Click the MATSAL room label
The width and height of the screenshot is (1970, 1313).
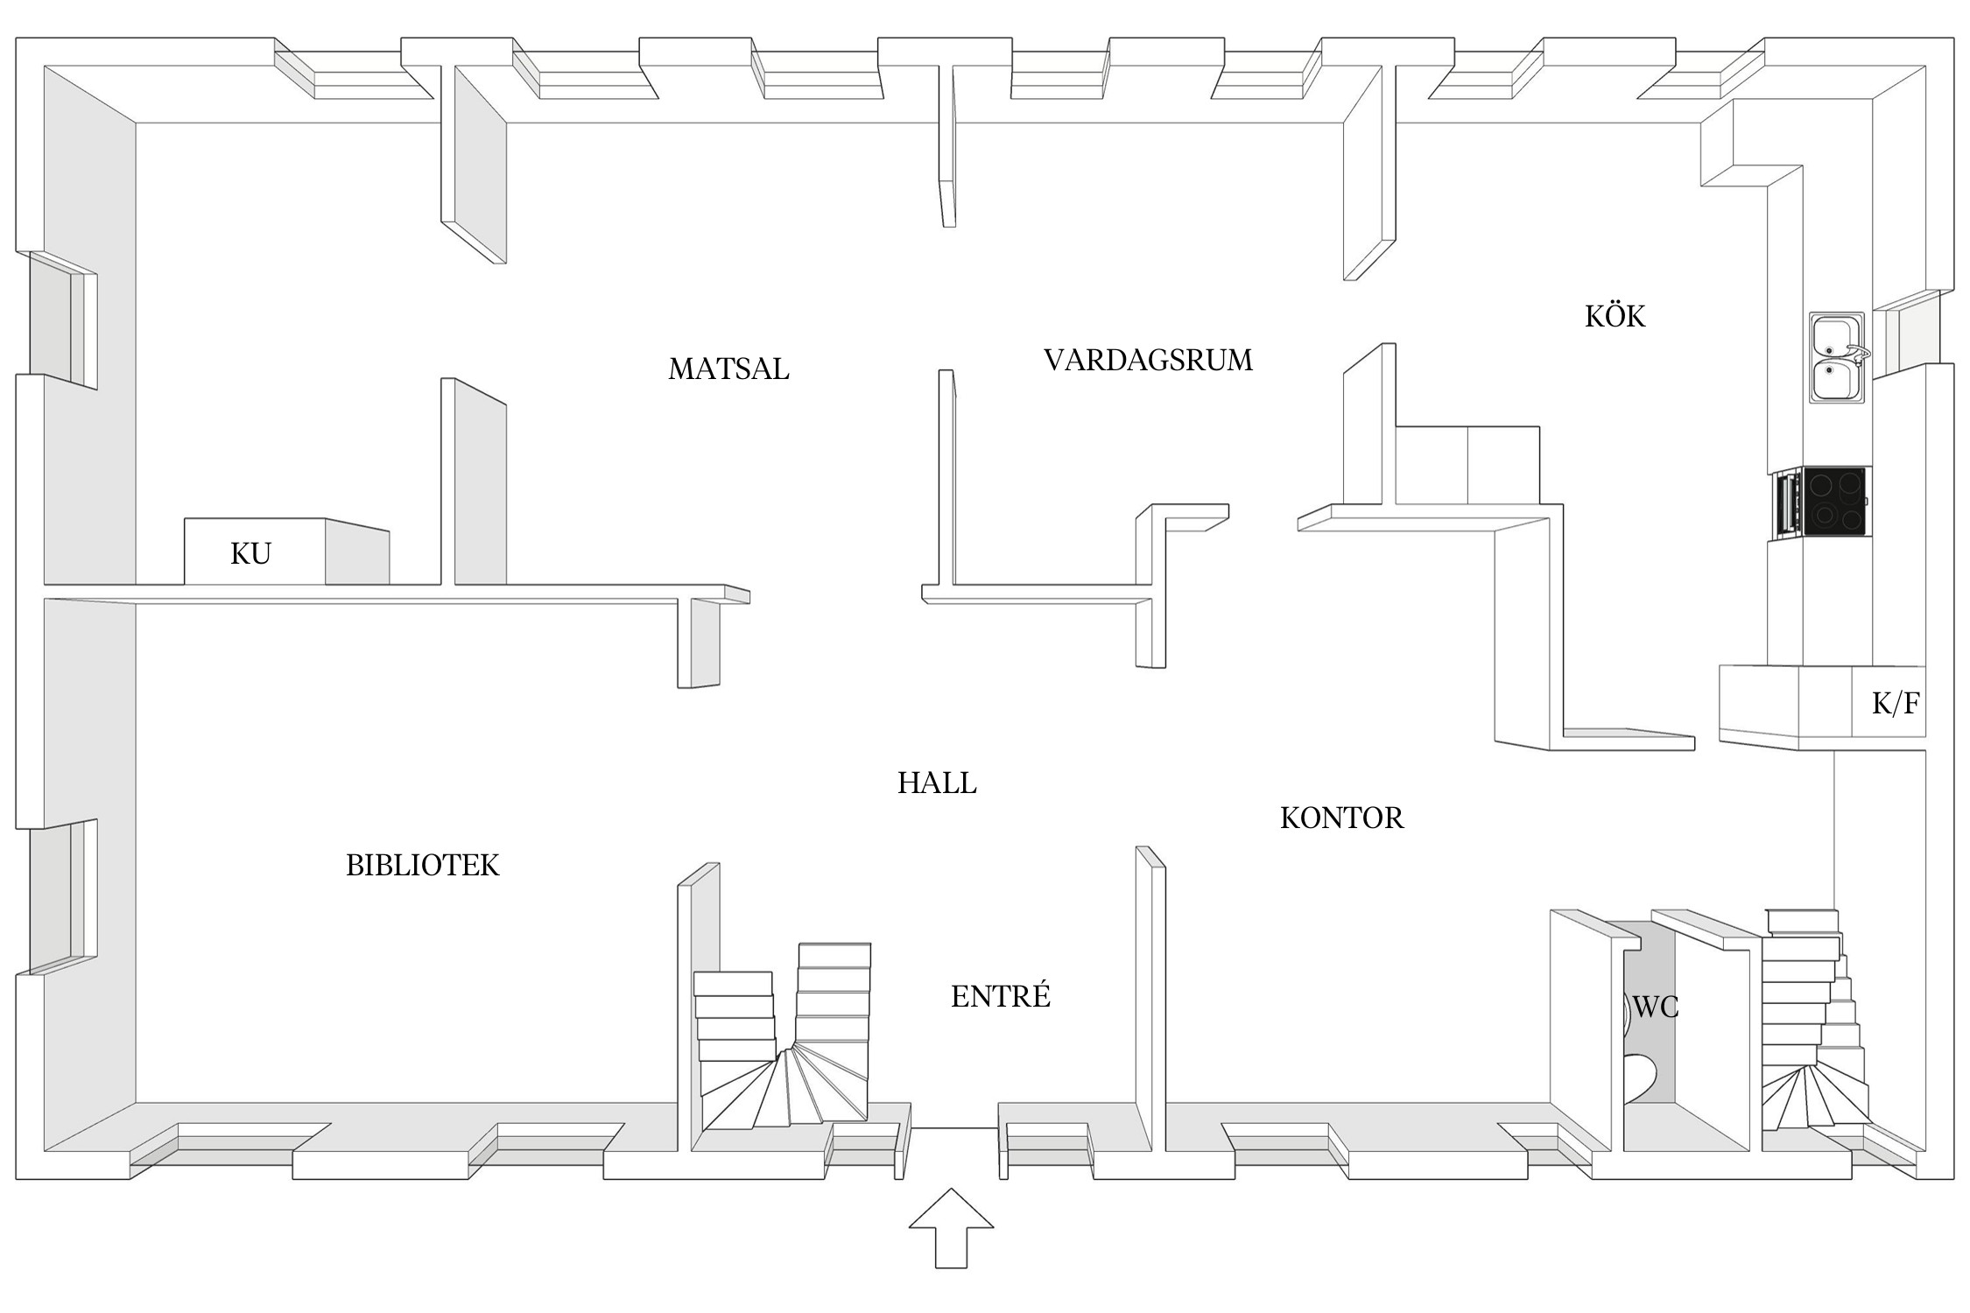728,369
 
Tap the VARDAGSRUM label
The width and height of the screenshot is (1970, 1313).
1148,360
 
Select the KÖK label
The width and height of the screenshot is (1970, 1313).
1615,316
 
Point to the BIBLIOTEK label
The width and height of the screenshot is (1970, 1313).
422,865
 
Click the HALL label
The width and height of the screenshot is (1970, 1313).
936,783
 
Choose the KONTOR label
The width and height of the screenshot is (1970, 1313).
1341,818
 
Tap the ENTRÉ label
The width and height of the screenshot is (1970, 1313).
1000,996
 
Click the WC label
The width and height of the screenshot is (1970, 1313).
1656,1008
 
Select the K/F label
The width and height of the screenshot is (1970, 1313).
1896,703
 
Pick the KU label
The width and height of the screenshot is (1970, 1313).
250,553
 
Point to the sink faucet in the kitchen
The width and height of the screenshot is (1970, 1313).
1858,353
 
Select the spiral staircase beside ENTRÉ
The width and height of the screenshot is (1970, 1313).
784,1050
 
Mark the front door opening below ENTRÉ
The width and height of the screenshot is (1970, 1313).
954,1129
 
